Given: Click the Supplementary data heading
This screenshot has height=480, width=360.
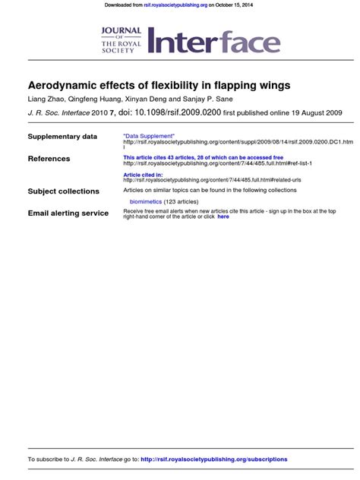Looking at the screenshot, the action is (62, 137).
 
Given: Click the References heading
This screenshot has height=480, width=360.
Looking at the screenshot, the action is (49, 159).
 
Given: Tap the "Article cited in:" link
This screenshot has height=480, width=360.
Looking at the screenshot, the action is (143, 174).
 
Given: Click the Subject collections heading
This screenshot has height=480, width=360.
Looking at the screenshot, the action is (63, 191).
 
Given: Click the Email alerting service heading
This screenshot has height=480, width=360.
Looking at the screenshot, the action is (68, 213).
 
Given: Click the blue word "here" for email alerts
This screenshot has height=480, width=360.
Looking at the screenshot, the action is (223, 216).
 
